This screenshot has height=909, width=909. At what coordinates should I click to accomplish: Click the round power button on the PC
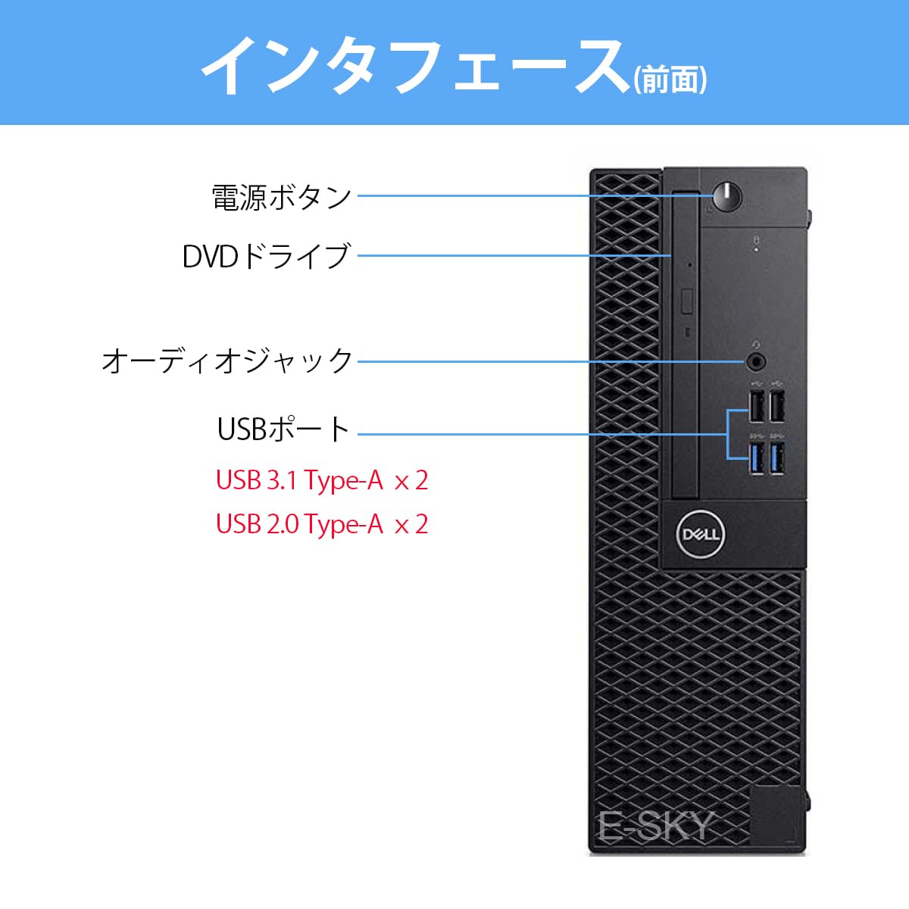(728, 195)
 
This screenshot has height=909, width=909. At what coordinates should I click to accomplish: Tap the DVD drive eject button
(688, 301)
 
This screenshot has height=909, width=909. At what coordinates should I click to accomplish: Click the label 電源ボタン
(281, 197)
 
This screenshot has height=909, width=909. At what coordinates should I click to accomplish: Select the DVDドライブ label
(266, 256)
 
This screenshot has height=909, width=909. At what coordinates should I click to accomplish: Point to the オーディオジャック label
(227, 361)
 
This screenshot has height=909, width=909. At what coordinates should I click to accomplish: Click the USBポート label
(283, 430)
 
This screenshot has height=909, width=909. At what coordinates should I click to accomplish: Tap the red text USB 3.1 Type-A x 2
(322, 480)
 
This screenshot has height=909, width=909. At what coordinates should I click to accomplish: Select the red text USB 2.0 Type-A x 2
(322, 524)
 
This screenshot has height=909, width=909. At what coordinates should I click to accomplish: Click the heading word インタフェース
(413, 65)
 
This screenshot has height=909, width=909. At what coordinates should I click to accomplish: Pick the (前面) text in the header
(670, 79)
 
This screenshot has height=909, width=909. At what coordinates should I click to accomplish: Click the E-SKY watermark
(656, 826)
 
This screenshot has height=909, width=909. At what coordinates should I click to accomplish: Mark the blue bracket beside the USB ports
(729, 434)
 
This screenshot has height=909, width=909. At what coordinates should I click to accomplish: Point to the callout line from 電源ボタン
(530, 195)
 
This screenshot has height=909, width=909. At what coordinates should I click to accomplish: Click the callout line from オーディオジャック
(545, 361)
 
